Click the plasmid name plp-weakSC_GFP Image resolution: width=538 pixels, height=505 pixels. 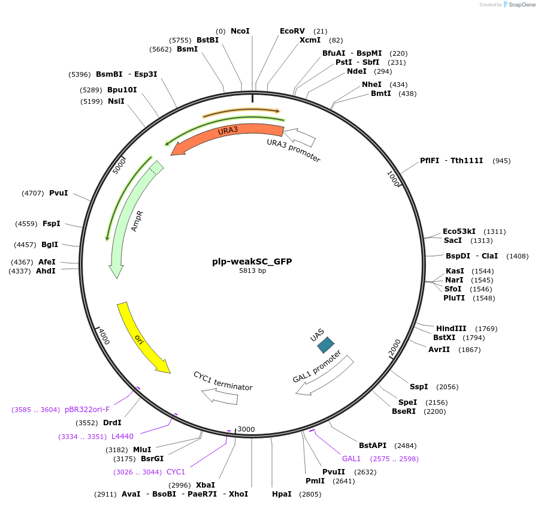coord(252,261)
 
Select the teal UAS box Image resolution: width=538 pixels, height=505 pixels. coord(325,344)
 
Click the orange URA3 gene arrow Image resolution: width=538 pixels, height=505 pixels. coord(228,137)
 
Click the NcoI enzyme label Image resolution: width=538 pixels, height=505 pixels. coord(240,31)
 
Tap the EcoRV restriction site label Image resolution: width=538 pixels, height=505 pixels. coord(292,31)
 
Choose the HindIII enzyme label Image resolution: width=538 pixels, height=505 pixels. coord(451,329)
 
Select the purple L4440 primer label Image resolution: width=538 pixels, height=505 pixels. coord(122,436)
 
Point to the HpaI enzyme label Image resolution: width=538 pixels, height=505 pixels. coord(281,494)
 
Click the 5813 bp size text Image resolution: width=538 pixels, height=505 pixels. coord(252,271)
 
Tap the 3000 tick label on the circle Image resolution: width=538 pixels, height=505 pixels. coord(246,429)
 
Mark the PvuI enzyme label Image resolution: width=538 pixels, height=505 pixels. coord(58,193)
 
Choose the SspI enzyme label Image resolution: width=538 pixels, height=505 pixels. coord(419,387)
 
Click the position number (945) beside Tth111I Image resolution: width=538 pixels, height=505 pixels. coord(501,161)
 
